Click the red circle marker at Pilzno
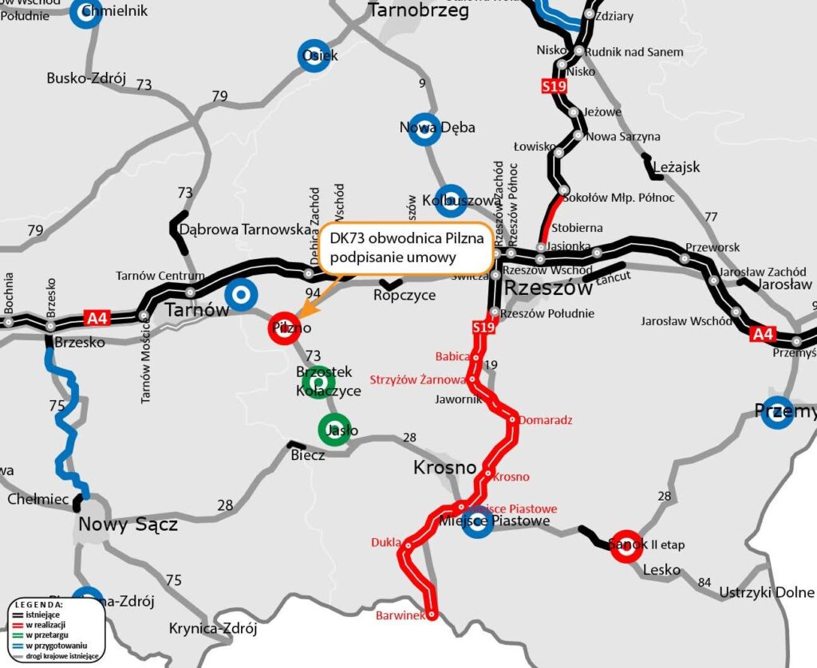284,327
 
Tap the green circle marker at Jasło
334,430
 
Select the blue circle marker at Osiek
314,56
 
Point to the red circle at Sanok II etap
627,545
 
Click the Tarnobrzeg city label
418,10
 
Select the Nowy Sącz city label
128,524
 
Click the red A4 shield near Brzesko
97,319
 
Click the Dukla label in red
386,543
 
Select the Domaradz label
547,419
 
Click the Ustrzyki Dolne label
767,592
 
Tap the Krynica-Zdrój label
213,628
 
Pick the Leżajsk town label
676,167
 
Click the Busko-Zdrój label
87,78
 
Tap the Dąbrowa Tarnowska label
244,230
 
